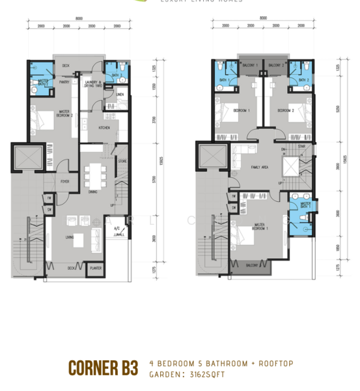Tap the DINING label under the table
point(93,192)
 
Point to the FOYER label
point(65,181)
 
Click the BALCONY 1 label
point(251,65)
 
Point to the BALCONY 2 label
point(274,65)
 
